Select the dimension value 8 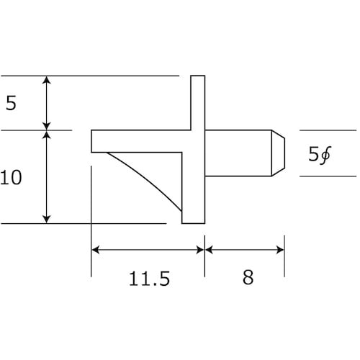[248, 279]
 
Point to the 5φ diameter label [319, 153]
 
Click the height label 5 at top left [10, 104]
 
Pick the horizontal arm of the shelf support [137, 141]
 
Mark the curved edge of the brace [144, 179]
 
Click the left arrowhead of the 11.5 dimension [96, 250]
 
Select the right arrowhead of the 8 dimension [279, 250]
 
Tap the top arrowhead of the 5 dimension [48, 80]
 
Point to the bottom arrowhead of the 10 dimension [48, 218]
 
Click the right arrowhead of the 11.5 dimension [199, 250]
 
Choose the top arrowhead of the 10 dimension [48, 135]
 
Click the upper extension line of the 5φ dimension [328, 130]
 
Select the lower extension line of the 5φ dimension [328, 176]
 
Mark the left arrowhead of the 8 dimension [210, 250]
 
